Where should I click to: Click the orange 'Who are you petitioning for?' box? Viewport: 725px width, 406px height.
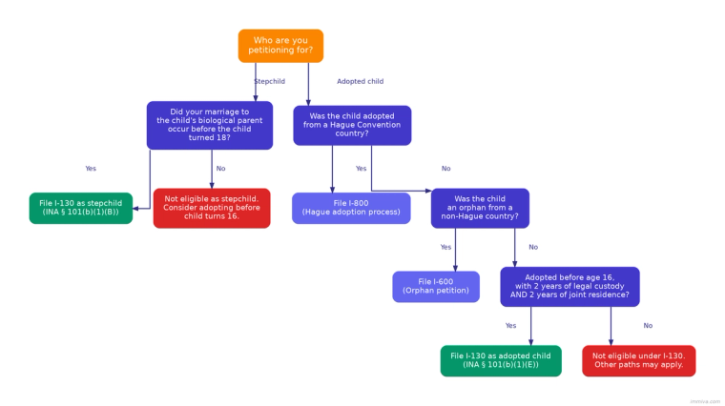(x=280, y=46)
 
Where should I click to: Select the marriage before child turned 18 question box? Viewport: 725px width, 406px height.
(x=209, y=125)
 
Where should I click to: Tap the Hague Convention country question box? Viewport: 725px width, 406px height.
(x=352, y=125)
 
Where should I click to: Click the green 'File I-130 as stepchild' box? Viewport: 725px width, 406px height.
(x=80, y=208)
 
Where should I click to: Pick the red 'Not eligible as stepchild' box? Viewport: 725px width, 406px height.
(x=212, y=208)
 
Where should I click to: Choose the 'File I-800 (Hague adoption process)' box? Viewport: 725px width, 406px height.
(x=351, y=208)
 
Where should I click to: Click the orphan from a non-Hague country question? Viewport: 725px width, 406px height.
(x=480, y=208)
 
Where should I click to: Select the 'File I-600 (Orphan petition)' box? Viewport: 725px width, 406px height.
(x=436, y=286)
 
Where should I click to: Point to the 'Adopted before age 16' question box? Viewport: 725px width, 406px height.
(x=570, y=286)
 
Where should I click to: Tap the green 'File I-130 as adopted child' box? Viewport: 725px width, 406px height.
(x=501, y=360)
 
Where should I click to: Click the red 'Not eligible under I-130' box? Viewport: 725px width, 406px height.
(x=639, y=360)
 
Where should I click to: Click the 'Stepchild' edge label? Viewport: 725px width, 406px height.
(x=269, y=82)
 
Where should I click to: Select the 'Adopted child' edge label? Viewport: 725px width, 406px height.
(x=360, y=82)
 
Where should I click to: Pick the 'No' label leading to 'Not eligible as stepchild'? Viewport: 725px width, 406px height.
(x=220, y=169)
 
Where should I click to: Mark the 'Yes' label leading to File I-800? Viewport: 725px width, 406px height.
(x=361, y=169)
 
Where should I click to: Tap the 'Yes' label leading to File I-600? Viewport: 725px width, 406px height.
(x=445, y=248)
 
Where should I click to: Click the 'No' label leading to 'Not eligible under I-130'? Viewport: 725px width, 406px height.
(x=648, y=326)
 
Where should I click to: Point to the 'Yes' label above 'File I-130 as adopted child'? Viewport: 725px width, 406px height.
(x=510, y=326)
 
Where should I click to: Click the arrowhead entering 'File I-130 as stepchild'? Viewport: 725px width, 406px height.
(x=135, y=208)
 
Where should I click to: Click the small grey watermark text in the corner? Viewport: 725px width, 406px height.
(x=705, y=401)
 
